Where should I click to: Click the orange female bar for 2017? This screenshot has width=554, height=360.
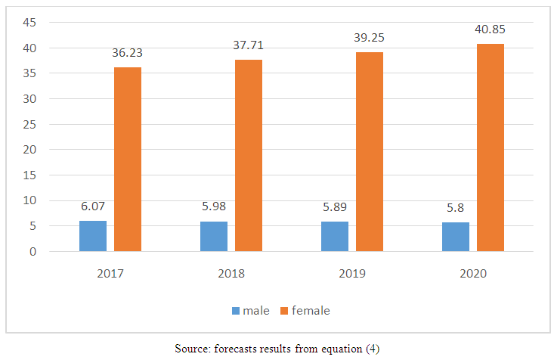pyautogui.click(x=128, y=159)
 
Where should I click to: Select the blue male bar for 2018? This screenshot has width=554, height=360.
pyautogui.click(x=214, y=236)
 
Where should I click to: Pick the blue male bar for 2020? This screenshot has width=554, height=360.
pyautogui.click(x=456, y=237)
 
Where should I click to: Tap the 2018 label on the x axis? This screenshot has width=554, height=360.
pyautogui.click(x=231, y=272)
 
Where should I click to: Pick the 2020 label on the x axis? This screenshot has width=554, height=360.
pyautogui.click(x=473, y=272)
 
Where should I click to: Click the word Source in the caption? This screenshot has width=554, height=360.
pyautogui.click(x=191, y=349)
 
